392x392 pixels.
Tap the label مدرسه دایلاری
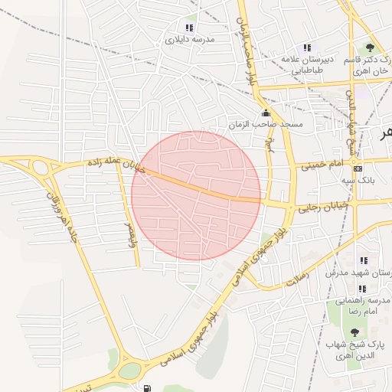point(187,38)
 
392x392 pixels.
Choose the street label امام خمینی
point(322,164)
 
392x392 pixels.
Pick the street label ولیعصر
point(126,227)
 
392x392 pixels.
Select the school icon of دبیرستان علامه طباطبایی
point(308,47)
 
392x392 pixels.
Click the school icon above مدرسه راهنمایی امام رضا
point(362,289)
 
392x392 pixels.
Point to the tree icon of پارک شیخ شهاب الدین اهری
point(354,332)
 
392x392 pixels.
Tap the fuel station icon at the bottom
point(146,387)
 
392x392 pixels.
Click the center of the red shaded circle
point(196,196)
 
